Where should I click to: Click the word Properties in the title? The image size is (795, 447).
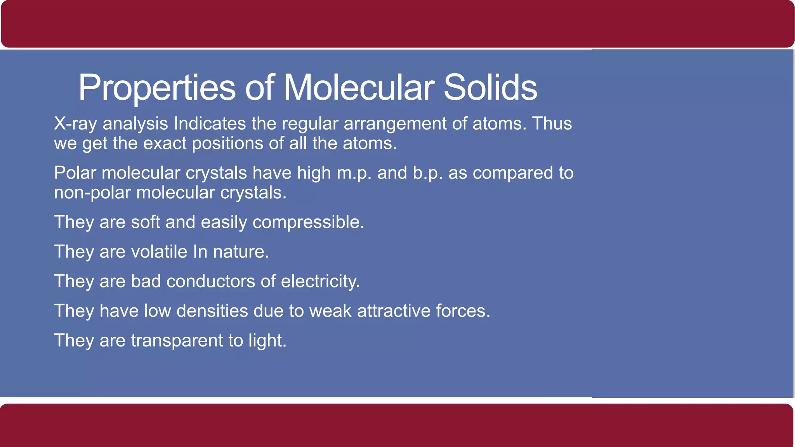(157, 88)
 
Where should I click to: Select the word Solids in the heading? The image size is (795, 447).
(490, 88)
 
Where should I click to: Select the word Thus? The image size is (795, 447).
(552, 124)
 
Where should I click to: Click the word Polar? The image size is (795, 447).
(75, 173)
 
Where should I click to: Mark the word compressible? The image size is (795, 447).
(308, 222)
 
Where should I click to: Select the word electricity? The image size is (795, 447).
(320, 281)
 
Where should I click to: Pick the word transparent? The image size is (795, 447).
(177, 340)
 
